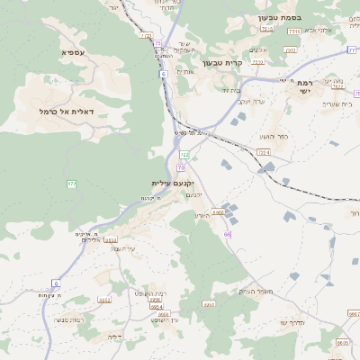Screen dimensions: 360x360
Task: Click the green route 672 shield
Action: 72,184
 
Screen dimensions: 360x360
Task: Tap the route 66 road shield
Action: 228,234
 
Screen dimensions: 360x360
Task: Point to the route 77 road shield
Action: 352,50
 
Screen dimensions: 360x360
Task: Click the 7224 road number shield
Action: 263,153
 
